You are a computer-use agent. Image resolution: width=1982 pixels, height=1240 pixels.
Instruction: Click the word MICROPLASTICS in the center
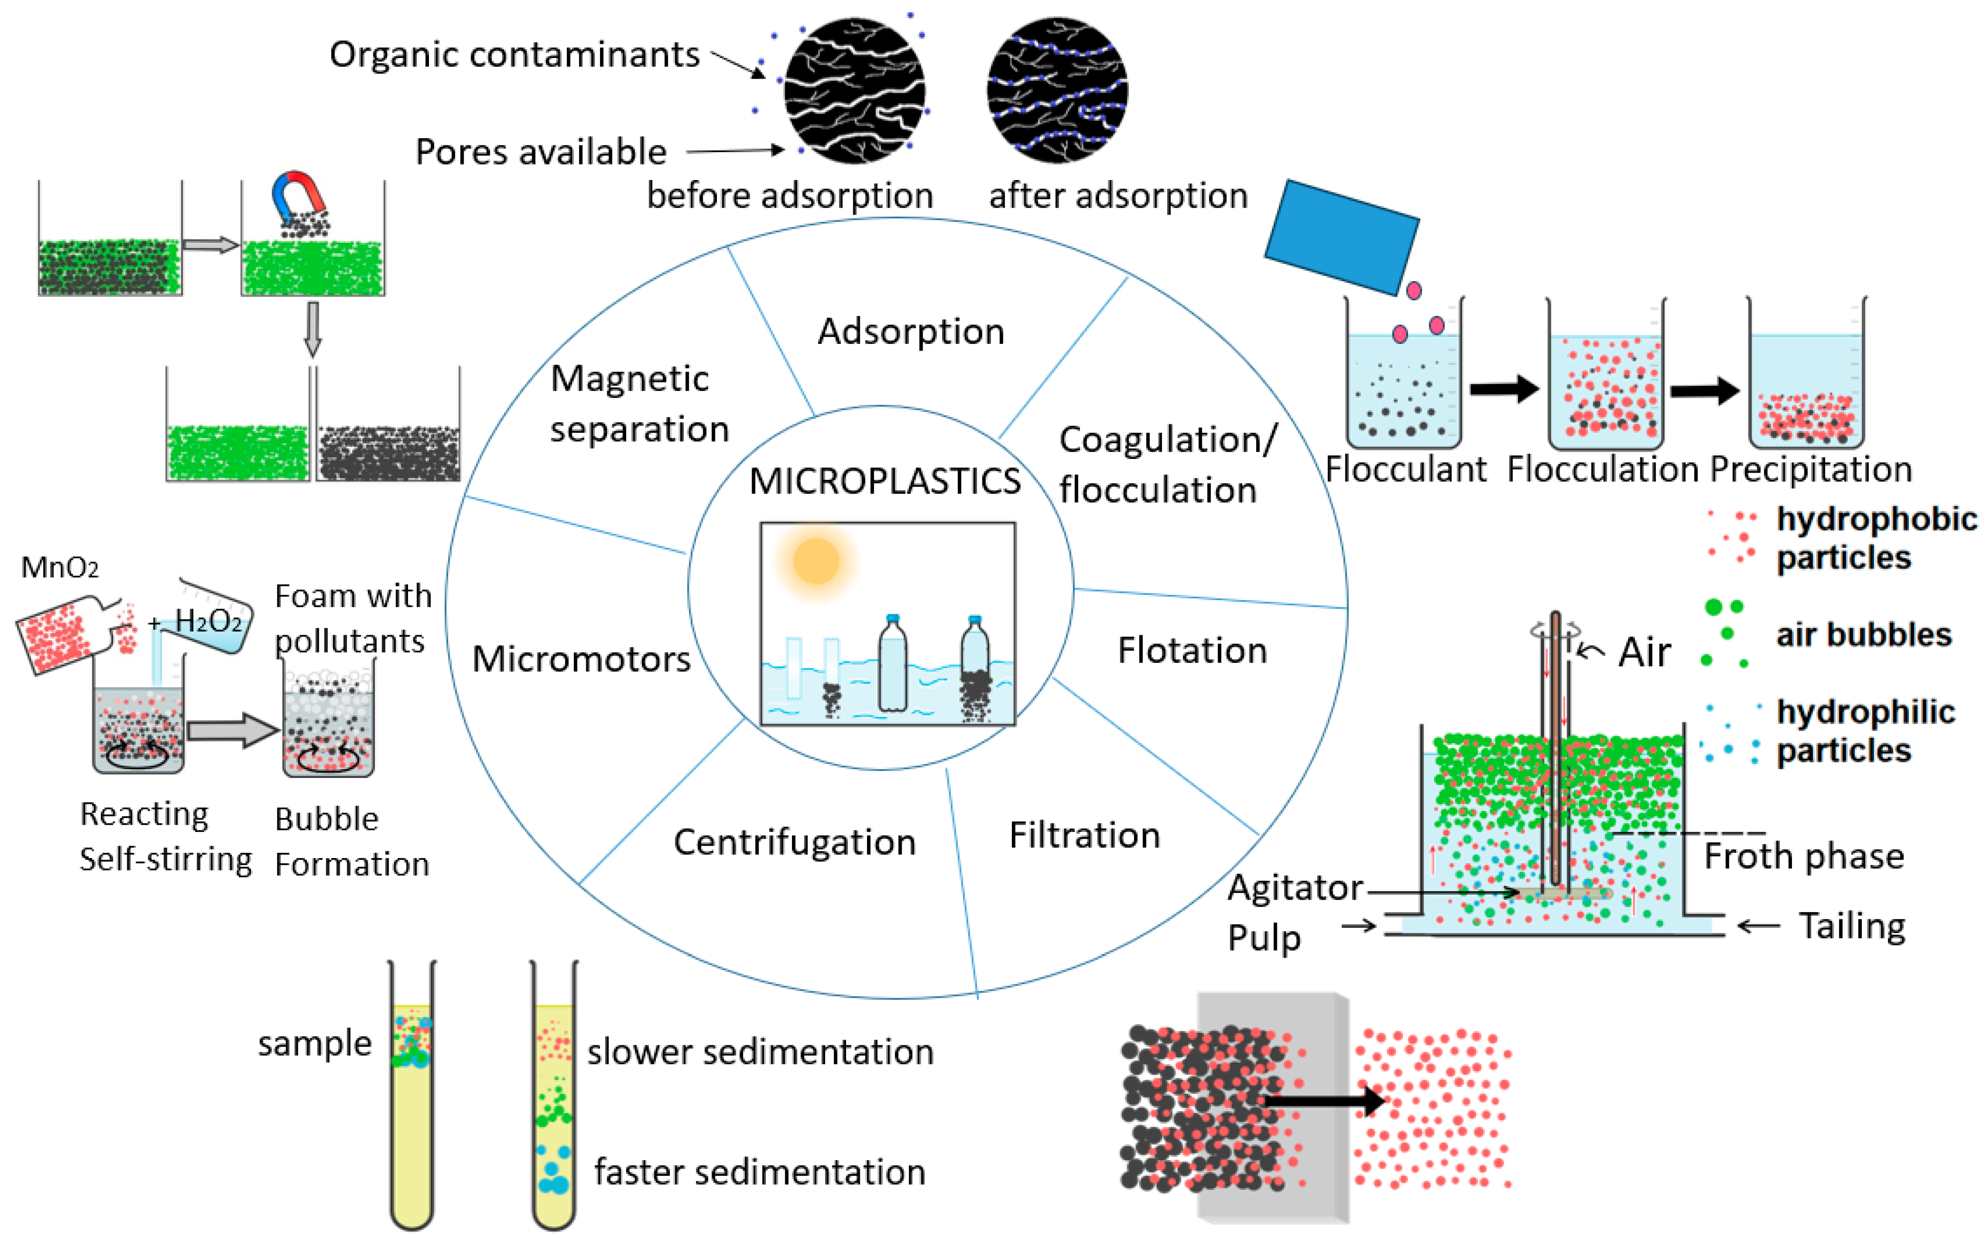pos(884,481)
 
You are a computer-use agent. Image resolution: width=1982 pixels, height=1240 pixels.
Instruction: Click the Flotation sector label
pos(1191,650)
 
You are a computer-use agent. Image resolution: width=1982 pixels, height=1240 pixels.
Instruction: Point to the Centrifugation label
pos(794,842)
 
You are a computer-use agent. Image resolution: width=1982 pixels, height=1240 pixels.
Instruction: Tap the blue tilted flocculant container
pos(1342,237)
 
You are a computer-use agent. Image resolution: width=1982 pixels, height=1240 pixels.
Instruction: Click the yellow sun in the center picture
pos(816,561)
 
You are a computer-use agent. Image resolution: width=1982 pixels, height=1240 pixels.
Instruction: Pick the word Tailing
pos(1852,926)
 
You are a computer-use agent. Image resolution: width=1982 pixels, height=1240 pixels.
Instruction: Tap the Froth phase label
pos(1803,856)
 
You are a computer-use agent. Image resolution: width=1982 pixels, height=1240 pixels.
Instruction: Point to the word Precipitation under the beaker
pos(1810,469)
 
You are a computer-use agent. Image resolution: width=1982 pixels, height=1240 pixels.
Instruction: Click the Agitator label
pos(1294,887)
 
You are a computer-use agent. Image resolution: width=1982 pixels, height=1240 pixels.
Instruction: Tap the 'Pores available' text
pos(541,152)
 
